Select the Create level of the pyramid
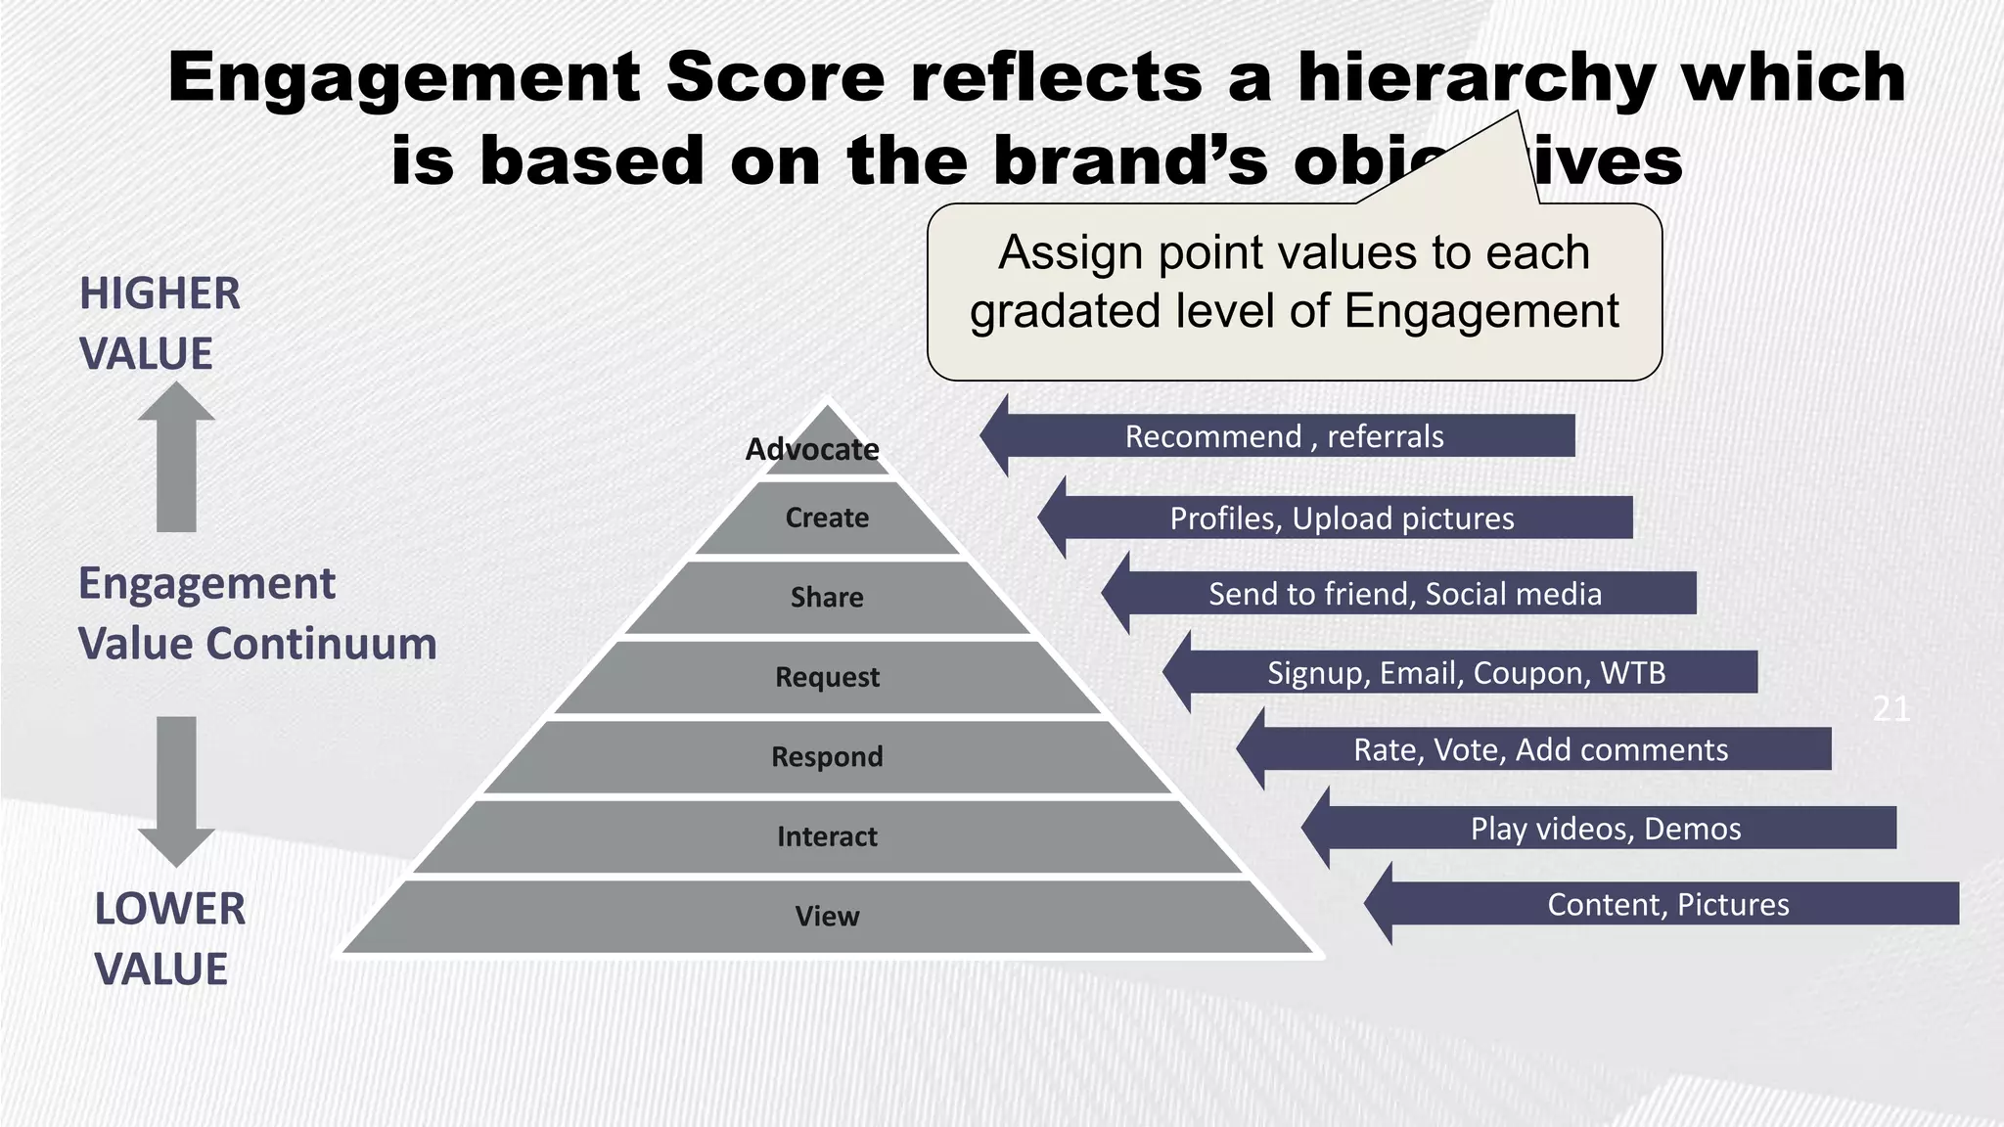pos(827,518)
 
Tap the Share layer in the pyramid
pos(827,597)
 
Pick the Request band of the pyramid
pos(827,677)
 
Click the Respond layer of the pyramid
pos(827,756)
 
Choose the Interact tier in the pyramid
pos(827,836)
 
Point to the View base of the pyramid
pos(827,917)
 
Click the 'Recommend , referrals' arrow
pos(1283,436)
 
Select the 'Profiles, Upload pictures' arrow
pos(1342,518)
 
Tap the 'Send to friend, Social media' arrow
pos(1404,594)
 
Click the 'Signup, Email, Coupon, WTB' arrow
pos(1466,673)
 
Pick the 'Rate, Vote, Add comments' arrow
pos(1540,749)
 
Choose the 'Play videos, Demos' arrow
pos(1605,829)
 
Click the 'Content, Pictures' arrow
pos(1667,904)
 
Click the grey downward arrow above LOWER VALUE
pos(176,789)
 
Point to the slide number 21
pos(1890,708)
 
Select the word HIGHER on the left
pos(159,293)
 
